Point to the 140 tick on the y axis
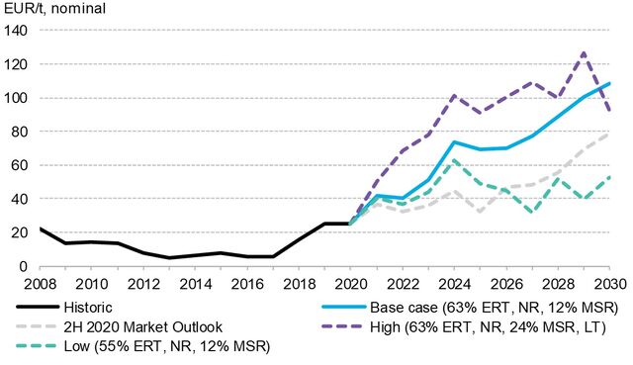pyautogui.click(x=16, y=31)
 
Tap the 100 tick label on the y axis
pyautogui.click(x=16, y=98)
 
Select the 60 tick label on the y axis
pyautogui.click(x=19, y=165)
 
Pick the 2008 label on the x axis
pyautogui.click(x=40, y=283)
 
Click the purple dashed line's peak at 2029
pyautogui.click(x=585, y=52)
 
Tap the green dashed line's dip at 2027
pyautogui.click(x=533, y=213)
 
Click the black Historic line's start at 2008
pyautogui.click(x=40, y=228)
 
